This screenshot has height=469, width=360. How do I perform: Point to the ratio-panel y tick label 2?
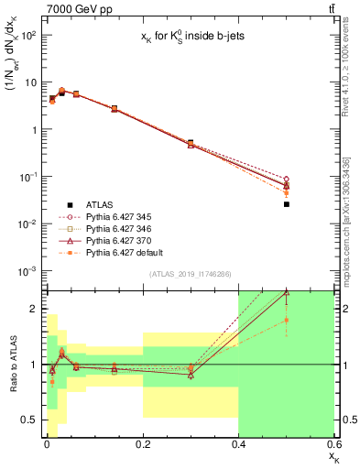[35, 309]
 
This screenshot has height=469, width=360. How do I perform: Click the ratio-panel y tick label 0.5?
[30, 420]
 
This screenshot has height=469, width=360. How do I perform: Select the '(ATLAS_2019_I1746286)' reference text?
[190, 274]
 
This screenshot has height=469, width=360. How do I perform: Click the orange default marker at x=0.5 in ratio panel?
[287, 320]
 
